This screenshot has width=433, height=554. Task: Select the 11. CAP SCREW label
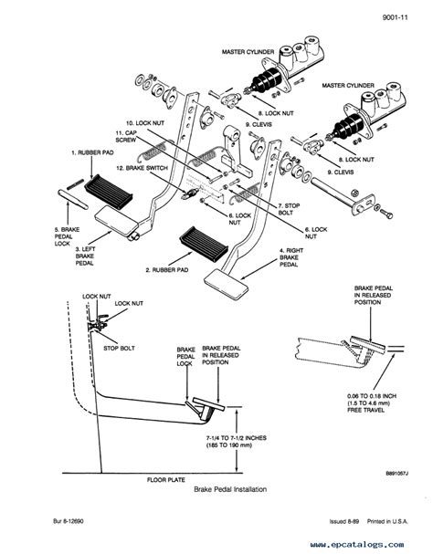point(127,138)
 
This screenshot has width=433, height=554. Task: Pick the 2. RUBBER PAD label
point(169,270)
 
